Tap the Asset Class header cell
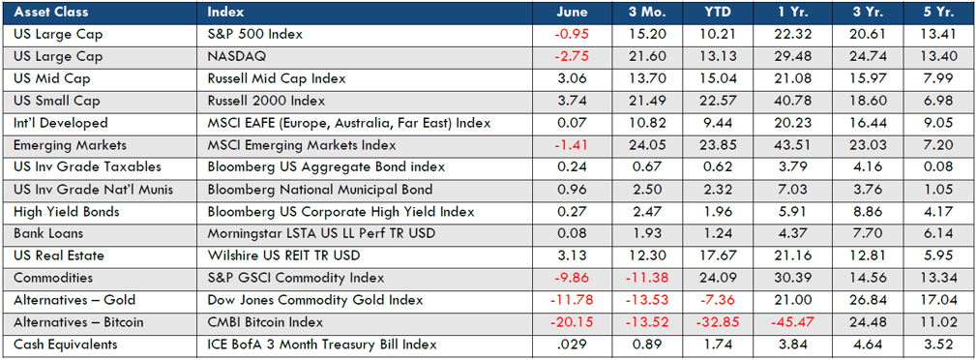(x=51, y=12)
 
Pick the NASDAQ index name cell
(x=236, y=57)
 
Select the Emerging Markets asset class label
(x=61, y=145)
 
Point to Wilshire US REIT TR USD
(x=283, y=255)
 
